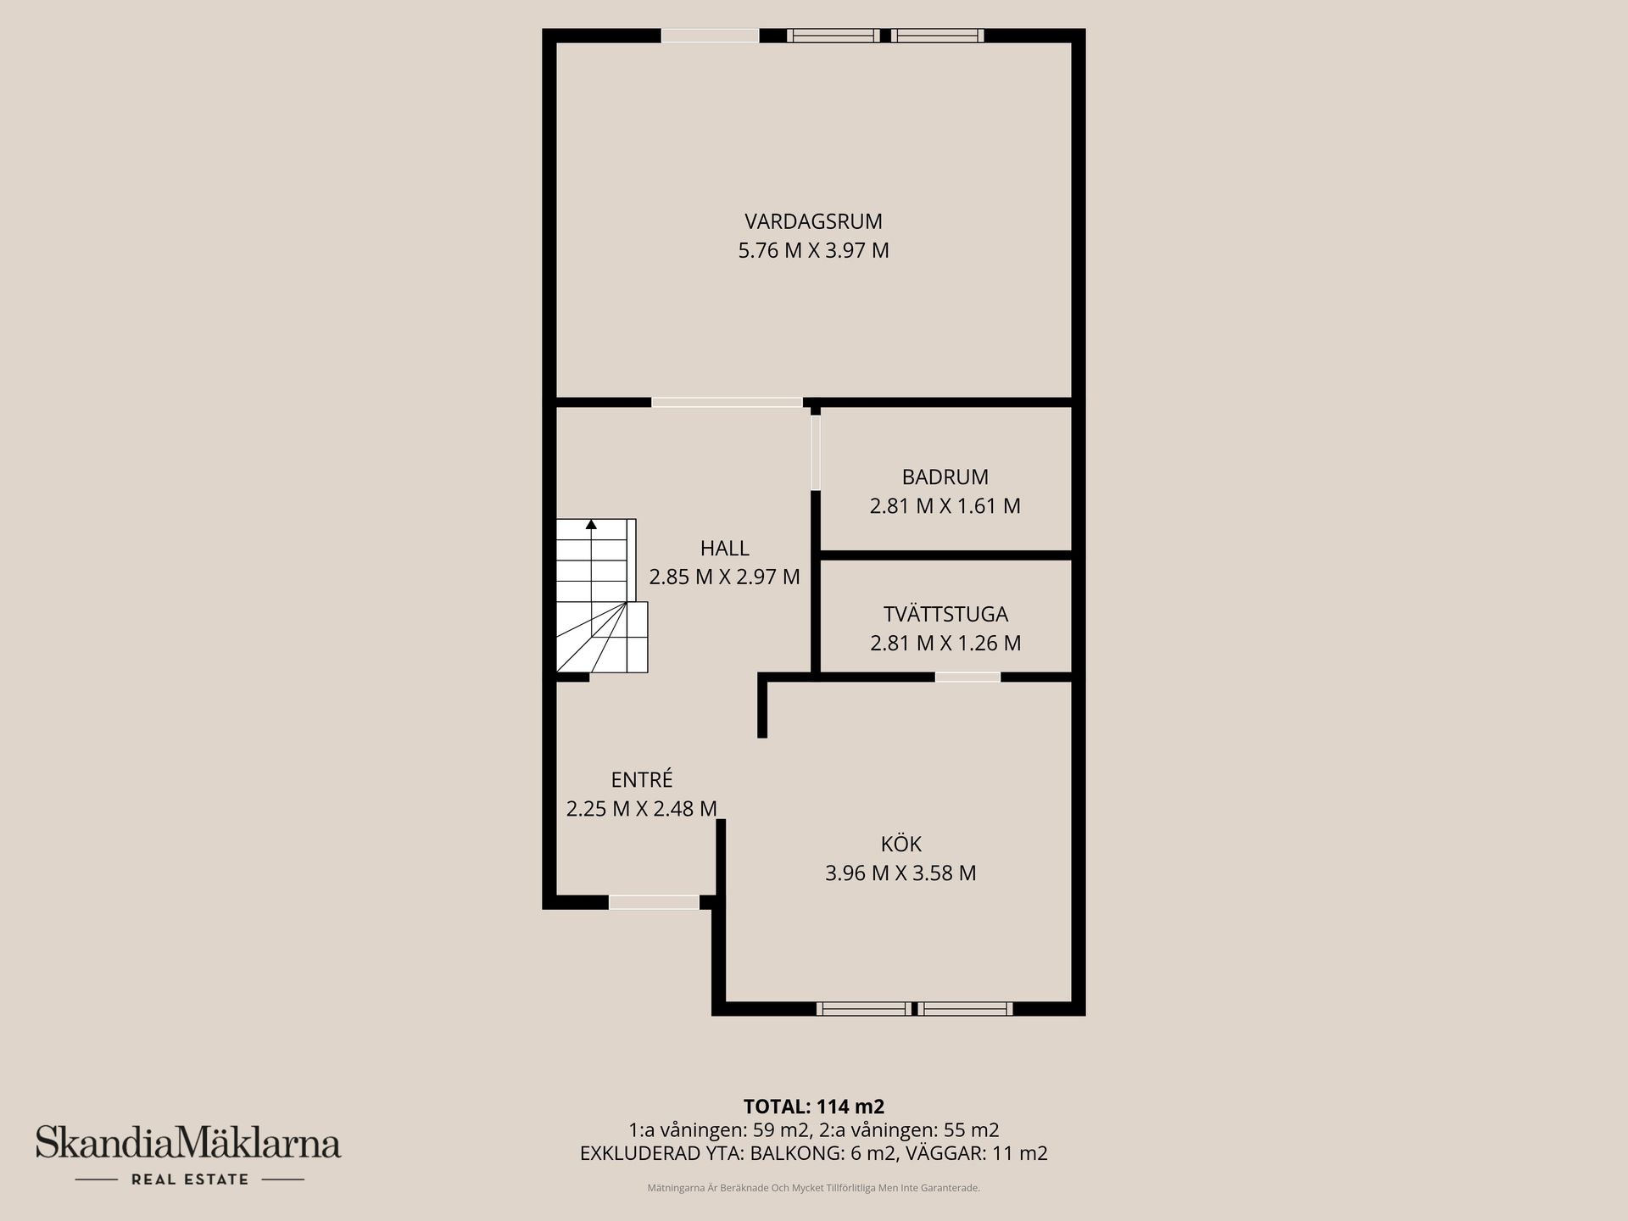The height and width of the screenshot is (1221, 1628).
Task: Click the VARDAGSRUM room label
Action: click(x=813, y=221)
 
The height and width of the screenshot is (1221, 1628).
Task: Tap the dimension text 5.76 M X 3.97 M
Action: click(x=813, y=251)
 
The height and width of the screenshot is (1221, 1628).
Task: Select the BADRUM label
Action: click(x=945, y=477)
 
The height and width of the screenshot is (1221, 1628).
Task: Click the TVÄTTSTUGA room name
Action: click(x=945, y=614)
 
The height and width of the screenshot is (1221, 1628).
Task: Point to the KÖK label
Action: click(x=900, y=844)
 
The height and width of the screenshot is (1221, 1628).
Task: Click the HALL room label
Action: click(x=724, y=548)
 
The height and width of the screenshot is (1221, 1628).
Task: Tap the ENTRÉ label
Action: click(x=642, y=779)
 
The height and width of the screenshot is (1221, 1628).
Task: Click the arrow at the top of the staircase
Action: click(x=591, y=525)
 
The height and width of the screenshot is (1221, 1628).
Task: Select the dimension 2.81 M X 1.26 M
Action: click(x=945, y=643)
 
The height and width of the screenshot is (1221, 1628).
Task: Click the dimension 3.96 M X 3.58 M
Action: click(x=900, y=873)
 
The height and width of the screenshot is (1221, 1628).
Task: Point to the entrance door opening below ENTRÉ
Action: click(x=654, y=902)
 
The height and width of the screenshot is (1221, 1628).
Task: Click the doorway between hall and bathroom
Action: click(x=816, y=453)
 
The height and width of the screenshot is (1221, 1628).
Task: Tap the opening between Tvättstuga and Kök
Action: click(x=967, y=677)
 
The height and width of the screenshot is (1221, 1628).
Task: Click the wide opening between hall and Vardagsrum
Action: click(x=727, y=402)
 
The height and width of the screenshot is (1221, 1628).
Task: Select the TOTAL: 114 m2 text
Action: click(x=813, y=1107)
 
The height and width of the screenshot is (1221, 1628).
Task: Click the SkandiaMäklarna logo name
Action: click(x=187, y=1143)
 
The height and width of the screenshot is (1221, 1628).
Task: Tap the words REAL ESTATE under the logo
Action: click(x=190, y=1179)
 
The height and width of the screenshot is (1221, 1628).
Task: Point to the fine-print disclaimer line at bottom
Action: click(x=813, y=1188)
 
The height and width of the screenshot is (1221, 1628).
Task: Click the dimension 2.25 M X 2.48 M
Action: click(x=642, y=809)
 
